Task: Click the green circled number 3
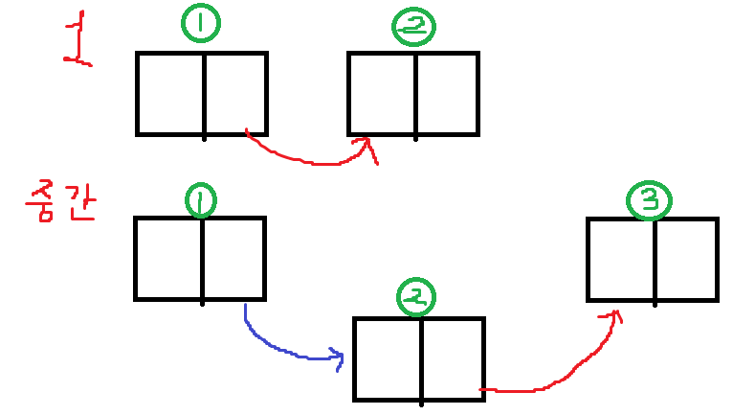pos(650,200)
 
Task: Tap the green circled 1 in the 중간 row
pos(201,201)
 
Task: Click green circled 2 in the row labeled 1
pos(413,29)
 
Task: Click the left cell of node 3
pos(621,260)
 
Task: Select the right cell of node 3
pos(685,260)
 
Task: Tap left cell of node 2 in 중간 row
pos(388,358)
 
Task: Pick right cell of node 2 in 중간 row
pos(452,358)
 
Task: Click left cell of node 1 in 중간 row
pos(168,258)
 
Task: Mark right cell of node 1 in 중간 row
pos(233,258)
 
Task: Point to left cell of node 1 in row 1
pos(171,93)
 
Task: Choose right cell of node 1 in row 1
pos(234,93)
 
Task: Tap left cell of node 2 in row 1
pos(382,93)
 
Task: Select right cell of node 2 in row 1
pos(446,93)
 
